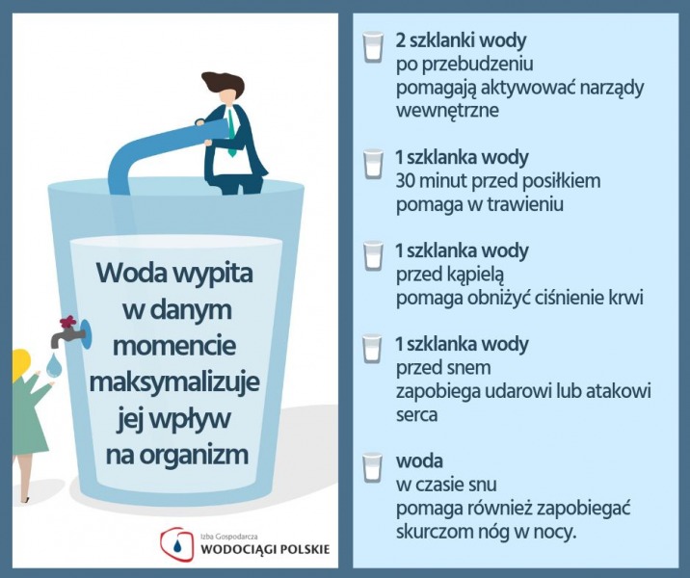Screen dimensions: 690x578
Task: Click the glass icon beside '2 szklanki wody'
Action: point(373,46)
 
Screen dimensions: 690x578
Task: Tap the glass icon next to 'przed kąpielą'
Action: point(373,256)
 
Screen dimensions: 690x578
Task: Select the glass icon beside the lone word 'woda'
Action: point(373,467)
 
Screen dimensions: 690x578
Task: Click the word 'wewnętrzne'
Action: point(447,111)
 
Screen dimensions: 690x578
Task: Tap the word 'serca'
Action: point(416,416)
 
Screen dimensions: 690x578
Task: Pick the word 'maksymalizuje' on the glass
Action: point(174,381)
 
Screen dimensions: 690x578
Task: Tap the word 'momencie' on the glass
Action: point(174,345)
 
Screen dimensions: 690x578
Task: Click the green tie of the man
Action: point(231,133)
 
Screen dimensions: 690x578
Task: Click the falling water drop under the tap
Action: point(54,365)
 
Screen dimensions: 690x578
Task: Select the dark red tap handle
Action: point(68,323)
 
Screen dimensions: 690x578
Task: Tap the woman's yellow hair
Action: point(20,365)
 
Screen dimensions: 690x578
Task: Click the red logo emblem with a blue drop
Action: point(176,544)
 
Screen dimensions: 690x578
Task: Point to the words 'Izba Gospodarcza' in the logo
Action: point(228,538)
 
